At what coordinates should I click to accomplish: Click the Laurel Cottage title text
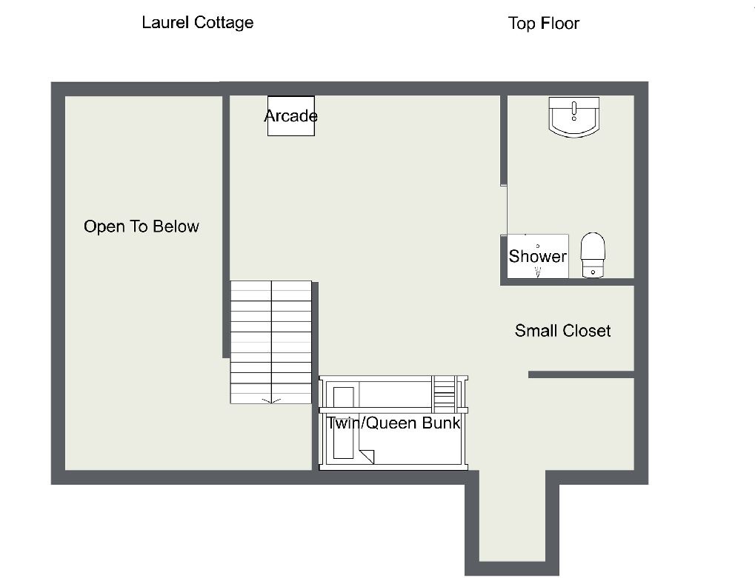197,23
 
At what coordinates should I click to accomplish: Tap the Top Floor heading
544,23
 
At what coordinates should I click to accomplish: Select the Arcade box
291,116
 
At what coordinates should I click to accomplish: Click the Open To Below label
141,226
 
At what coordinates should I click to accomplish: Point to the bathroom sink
574,117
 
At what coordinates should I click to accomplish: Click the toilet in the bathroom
593,255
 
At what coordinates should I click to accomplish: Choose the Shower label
537,256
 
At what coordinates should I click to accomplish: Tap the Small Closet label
562,331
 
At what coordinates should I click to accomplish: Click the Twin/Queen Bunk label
393,423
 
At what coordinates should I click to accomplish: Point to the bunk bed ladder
445,392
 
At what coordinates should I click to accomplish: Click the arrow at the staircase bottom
271,400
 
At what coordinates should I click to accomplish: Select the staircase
271,343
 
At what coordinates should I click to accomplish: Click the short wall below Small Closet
581,374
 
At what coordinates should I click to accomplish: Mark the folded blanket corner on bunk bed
366,457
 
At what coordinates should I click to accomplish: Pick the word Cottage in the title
224,23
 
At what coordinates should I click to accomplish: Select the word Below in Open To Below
177,226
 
